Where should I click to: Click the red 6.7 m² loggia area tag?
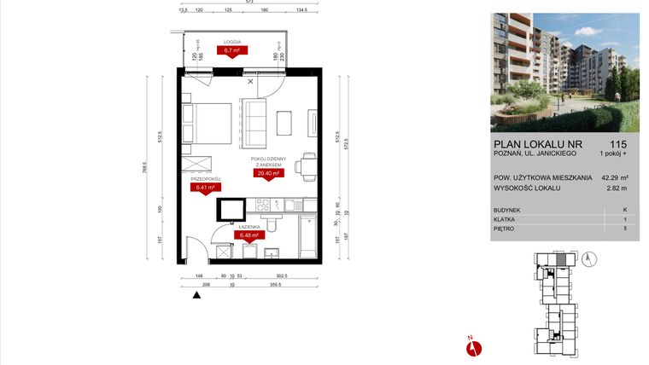click(231, 50)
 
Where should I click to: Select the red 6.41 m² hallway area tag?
click(207, 188)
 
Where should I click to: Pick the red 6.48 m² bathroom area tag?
click(249, 235)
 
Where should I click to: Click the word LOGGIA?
click(231, 42)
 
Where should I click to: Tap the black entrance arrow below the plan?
click(197, 295)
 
